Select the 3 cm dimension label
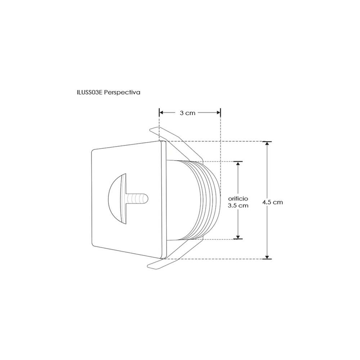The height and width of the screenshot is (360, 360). click(x=188, y=113)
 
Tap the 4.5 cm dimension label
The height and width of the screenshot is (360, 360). click(x=273, y=202)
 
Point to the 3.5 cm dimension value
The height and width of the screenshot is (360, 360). click(x=238, y=206)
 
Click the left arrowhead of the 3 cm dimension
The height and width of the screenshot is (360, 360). click(x=162, y=113)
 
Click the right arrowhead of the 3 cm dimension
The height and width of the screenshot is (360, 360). click(x=218, y=113)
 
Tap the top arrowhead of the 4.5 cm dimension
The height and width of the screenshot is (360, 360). click(x=267, y=144)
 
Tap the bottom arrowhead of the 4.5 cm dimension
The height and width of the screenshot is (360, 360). click(x=267, y=256)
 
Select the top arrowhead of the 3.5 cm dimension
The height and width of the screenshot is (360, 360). click(x=238, y=163)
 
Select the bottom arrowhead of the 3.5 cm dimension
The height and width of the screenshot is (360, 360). click(x=238, y=237)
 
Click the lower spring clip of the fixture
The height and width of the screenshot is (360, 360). click(x=173, y=258)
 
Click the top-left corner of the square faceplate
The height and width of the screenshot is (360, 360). click(x=93, y=149)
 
